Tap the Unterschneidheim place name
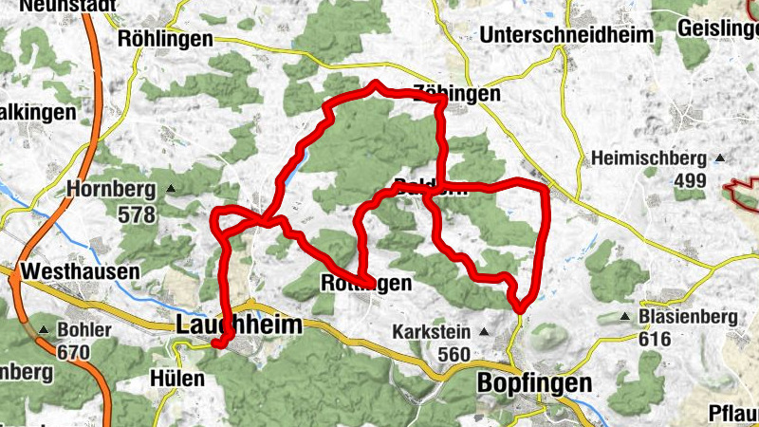pos(567,35)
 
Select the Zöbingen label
pos(457,94)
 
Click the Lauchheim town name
pos(239,325)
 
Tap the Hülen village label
pos(177,378)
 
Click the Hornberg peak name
pos(111,190)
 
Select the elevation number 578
pos(137,214)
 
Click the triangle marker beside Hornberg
pos(171,189)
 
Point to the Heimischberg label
pos(649,158)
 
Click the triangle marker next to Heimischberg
pos(720,158)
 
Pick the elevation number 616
pos(654,339)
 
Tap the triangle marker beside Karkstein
pos(485,331)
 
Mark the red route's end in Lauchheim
pos(217,344)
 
